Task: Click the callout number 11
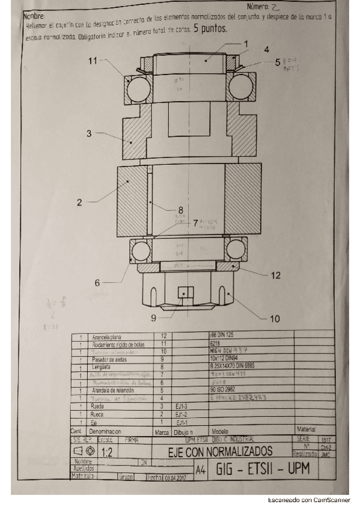[92, 61]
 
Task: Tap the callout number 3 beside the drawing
[89, 134]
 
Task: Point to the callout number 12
[275, 275]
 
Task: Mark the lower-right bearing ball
[236, 249]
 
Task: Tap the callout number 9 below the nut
[153, 317]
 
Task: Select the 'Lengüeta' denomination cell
[100, 366]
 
